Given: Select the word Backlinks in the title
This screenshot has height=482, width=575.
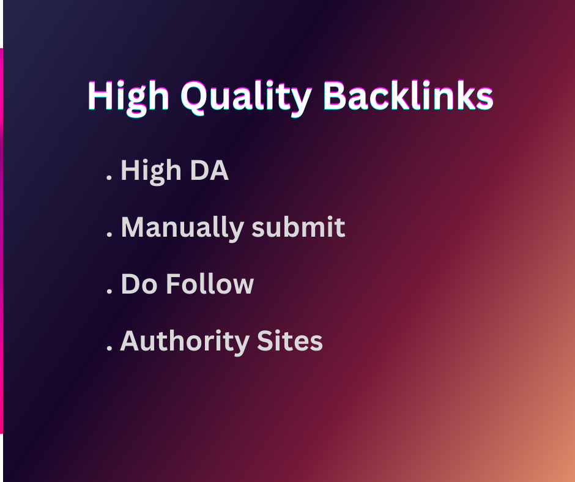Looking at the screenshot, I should click(x=407, y=97).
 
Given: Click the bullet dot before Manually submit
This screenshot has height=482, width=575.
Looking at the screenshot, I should click(x=109, y=236).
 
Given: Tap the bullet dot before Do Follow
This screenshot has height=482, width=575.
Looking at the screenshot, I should click(x=109, y=293).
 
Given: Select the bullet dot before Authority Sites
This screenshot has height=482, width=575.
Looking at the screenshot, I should click(x=109, y=349).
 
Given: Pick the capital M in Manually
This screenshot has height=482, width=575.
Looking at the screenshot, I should click(x=134, y=228).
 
